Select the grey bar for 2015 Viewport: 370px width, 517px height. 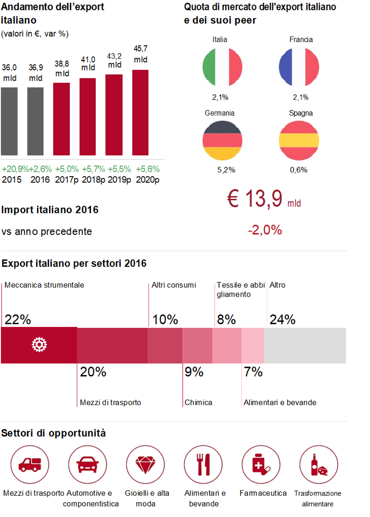click(x=9, y=121)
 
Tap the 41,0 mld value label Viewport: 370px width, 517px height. click(x=88, y=64)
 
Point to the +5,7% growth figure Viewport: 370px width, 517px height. click(x=94, y=169)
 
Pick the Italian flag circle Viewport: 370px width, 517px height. click(x=223, y=67)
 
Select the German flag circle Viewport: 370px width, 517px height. click(x=223, y=140)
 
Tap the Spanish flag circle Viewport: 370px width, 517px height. click(x=299, y=140)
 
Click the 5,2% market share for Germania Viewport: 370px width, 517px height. click(x=226, y=170)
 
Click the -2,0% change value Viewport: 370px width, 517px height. click(x=264, y=230)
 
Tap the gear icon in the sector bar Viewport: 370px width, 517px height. click(x=39, y=345)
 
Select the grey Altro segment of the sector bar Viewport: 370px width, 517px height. click(x=305, y=345)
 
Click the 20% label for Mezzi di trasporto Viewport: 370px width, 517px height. click(x=93, y=372)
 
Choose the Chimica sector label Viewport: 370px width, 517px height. click(x=198, y=402)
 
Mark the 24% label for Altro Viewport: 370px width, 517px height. click(x=283, y=320)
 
